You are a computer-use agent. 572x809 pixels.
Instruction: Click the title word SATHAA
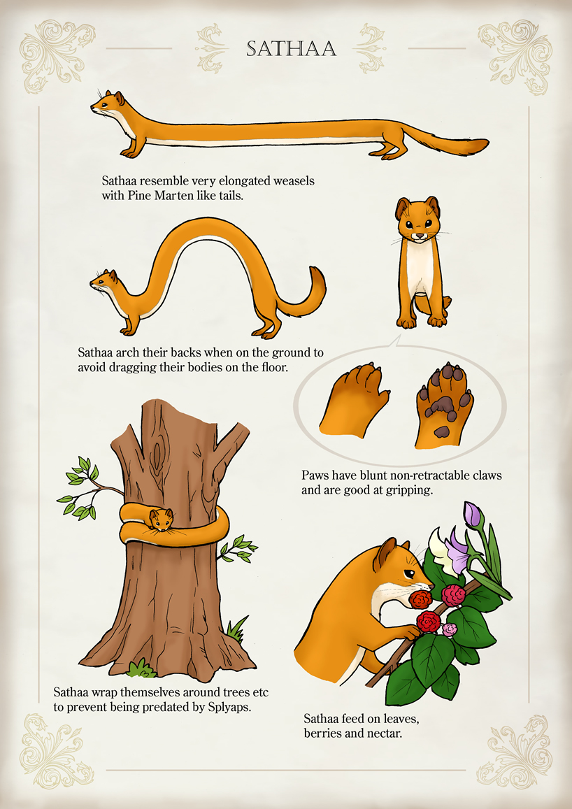pyautogui.click(x=292, y=48)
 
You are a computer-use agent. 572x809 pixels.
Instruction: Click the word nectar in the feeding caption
pyautogui.click(x=385, y=733)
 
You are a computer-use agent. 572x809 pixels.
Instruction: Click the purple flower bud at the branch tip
pyautogui.click(x=473, y=515)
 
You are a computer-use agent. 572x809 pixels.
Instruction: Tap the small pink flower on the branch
pyautogui.click(x=450, y=629)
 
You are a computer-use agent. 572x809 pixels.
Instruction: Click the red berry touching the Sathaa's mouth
pyautogui.click(x=422, y=599)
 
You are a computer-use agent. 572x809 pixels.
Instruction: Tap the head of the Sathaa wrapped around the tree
pyautogui.click(x=161, y=519)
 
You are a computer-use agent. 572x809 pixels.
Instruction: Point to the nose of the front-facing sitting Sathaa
pyautogui.click(x=420, y=236)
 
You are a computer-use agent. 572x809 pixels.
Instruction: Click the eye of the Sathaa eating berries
pyautogui.click(x=408, y=573)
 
